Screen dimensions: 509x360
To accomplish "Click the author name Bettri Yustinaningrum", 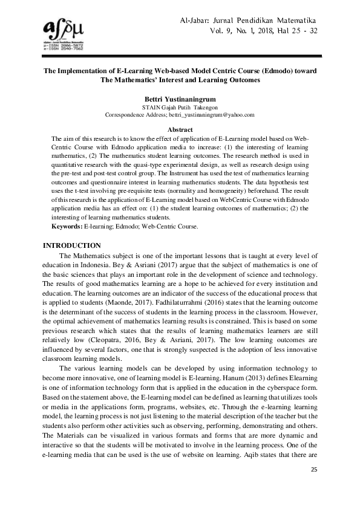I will (180, 98).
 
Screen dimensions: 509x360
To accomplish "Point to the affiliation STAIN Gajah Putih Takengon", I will (180, 107).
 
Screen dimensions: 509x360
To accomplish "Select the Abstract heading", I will (180, 130).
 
